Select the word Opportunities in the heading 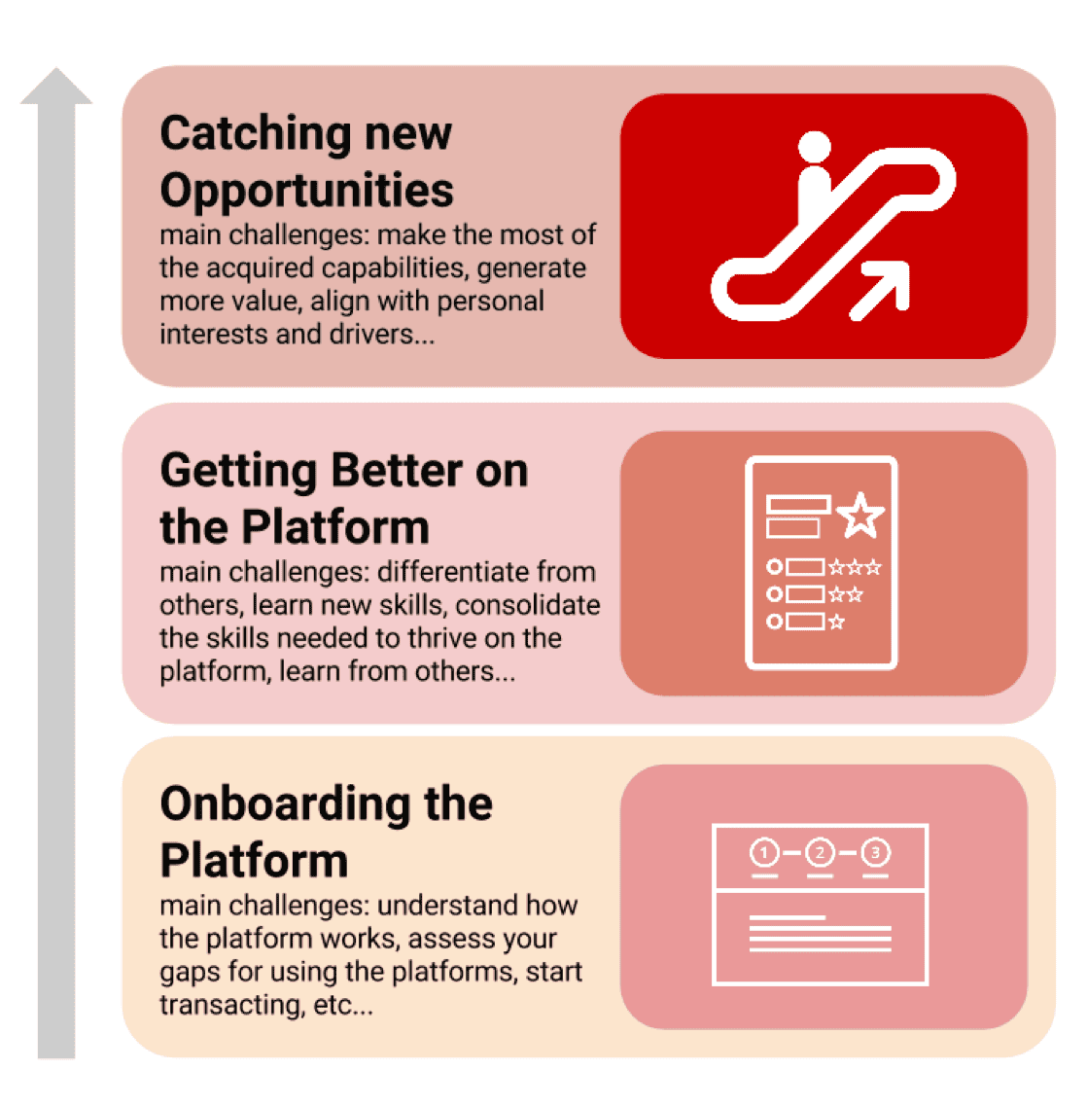(x=306, y=190)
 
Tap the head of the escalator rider (x=815, y=147)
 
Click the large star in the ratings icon (x=860, y=515)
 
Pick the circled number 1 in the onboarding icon (x=765, y=853)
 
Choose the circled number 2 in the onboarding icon (x=821, y=853)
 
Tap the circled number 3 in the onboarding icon (x=875, y=853)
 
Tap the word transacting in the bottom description (x=231, y=1005)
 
